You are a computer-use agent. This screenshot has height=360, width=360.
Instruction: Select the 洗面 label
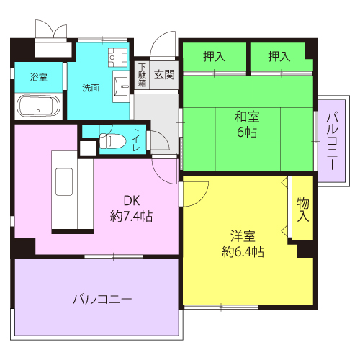(x=91, y=88)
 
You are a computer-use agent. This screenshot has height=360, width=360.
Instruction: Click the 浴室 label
(x=39, y=77)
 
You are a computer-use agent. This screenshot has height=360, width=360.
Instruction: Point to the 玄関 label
(x=164, y=74)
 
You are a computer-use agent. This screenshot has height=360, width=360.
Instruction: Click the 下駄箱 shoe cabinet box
(x=141, y=75)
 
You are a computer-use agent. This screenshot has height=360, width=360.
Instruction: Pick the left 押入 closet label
(x=214, y=56)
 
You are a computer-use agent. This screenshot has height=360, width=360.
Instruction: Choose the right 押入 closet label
(x=280, y=56)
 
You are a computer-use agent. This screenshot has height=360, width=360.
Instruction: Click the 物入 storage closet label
(x=302, y=209)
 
